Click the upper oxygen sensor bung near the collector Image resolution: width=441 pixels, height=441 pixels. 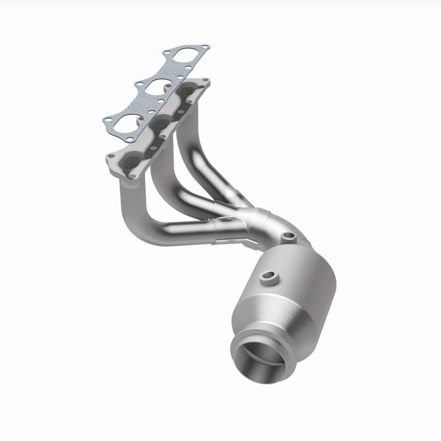(x=288, y=237)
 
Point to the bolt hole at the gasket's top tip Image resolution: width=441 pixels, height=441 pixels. (x=205, y=47)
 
